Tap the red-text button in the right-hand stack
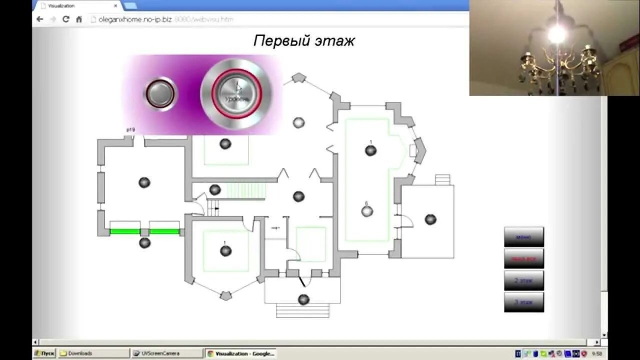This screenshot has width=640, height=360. pyautogui.click(x=523, y=258)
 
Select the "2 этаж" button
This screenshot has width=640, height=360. pyautogui.click(x=523, y=280)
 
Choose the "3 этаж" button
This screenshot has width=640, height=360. pyautogui.click(x=523, y=302)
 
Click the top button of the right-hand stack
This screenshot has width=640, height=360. pyautogui.click(x=523, y=237)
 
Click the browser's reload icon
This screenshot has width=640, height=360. pyautogui.click(x=65, y=19)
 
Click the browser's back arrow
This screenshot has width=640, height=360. pyautogui.click(x=40, y=19)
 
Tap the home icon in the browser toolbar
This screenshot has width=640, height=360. pyautogui.click(x=79, y=19)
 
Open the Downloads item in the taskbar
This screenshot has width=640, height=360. pyautogui.click(x=92, y=353)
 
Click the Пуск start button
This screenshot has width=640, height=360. pyautogui.click(x=44, y=353)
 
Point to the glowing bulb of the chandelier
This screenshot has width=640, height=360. pyautogui.click(x=556, y=34)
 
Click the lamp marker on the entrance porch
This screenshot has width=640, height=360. pyautogui.click(x=303, y=299)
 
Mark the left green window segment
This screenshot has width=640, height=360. pyautogui.click(x=124, y=231)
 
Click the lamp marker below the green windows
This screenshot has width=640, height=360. pyautogui.click(x=144, y=243)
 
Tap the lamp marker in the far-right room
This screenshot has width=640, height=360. pyautogui.click(x=430, y=219)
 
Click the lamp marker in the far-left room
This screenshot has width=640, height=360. pyautogui.click(x=144, y=182)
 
